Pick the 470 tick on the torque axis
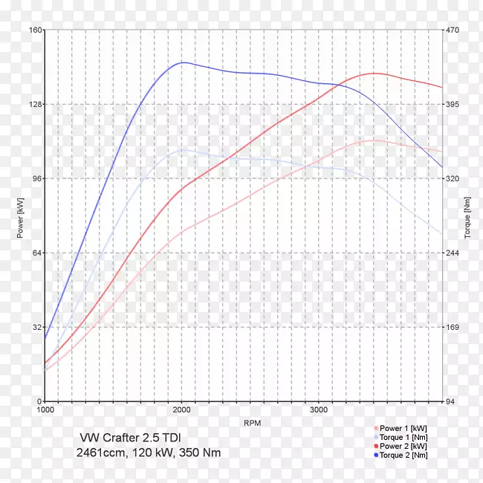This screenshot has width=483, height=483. point(454,30)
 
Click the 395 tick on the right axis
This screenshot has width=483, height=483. point(454,105)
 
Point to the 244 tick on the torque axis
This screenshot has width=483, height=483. point(454,253)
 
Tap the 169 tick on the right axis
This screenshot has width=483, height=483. point(454,328)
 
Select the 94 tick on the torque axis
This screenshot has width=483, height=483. point(453,402)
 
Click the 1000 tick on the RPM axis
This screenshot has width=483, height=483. point(46,410)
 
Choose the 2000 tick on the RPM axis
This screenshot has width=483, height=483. point(182,410)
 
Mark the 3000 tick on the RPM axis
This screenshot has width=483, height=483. point(319,410)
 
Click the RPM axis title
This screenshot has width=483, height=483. point(252,423)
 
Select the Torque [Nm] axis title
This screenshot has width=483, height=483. point(467,216)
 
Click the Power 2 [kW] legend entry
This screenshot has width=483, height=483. point(403,446)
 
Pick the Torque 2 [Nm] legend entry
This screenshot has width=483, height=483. point(403,455)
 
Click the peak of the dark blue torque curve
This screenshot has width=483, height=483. point(182,62)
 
